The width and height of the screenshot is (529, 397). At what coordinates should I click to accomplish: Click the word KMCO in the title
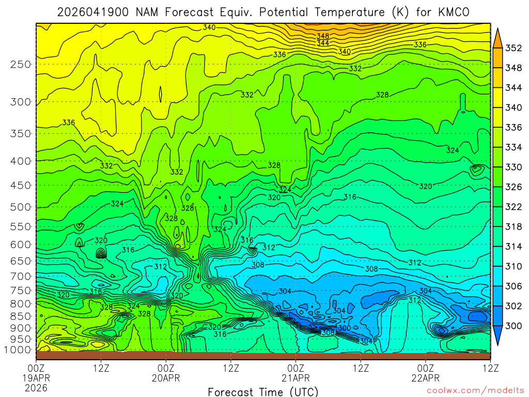(x=451, y=12)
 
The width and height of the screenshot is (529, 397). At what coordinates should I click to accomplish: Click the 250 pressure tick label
(x=21, y=65)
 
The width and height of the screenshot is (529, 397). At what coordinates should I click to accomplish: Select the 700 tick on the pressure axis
(x=21, y=276)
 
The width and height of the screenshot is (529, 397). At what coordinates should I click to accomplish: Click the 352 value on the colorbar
(x=514, y=49)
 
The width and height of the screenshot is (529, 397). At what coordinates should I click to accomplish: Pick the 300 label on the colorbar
(x=514, y=326)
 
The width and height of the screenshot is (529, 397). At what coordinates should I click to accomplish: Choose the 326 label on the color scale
(x=514, y=187)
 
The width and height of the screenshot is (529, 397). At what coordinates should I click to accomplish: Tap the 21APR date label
(x=295, y=378)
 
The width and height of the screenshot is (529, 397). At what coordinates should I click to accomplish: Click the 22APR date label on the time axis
(x=426, y=378)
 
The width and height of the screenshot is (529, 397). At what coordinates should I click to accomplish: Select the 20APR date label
(x=166, y=378)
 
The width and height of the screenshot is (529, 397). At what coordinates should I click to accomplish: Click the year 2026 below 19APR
(x=36, y=388)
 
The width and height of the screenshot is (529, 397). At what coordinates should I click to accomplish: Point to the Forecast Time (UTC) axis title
(x=263, y=391)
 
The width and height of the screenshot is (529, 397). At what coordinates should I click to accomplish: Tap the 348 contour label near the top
(x=323, y=36)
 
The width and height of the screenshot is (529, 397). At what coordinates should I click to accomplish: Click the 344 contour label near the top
(x=323, y=43)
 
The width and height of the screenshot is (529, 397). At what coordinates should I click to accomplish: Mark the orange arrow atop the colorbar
(x=497, y=37)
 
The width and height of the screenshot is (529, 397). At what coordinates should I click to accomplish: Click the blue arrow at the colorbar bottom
(x=497, y=337)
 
